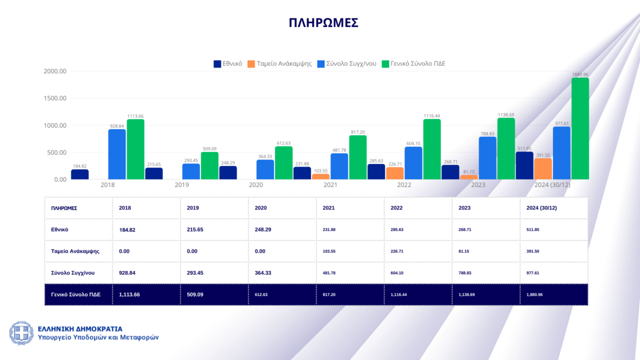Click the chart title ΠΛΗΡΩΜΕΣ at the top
coord(323,23)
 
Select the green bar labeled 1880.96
coord(580,128)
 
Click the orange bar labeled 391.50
coord(543,169)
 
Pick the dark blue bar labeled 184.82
coord(80,174)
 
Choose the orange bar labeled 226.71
coord(395,173)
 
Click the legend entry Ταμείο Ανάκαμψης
coord(279,64)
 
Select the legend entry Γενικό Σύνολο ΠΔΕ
coord(413,64)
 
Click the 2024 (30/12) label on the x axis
coord(552,185)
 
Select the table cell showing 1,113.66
coord(129,294)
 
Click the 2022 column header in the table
coord(397,207)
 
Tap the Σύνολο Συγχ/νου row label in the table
coord(73,273)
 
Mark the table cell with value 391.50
coord(533,251)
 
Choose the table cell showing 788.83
coord(465,273)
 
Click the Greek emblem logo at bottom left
coord(21,333)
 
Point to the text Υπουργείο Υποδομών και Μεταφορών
coord(98,337)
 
